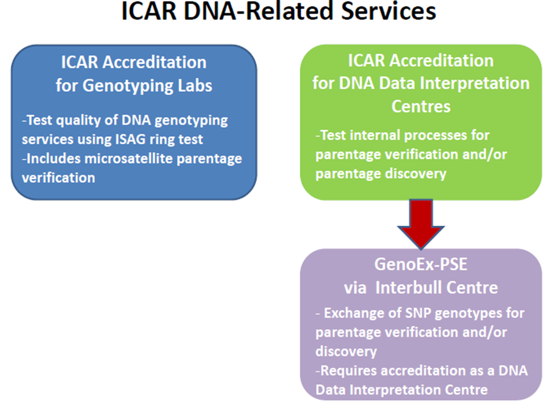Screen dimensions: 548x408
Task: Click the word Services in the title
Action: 388,11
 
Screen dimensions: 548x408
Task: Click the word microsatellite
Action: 128,159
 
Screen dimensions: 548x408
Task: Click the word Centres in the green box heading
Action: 421,106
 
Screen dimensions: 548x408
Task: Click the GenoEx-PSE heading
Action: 421,264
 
